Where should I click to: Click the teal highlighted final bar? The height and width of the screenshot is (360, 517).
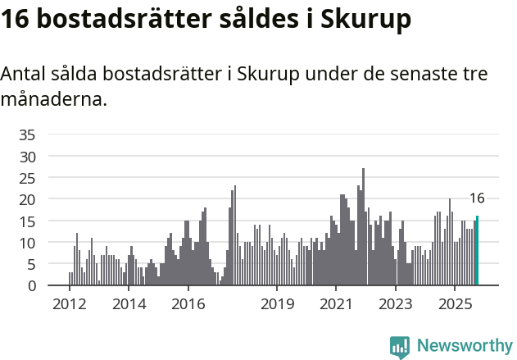click(x=477, y=251)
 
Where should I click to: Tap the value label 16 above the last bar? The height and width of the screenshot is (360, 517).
click(x=477, y=198)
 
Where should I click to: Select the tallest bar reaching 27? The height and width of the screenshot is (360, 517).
click(x=363, y=227)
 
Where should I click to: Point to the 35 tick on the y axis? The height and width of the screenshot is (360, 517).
click(x=27, y=134)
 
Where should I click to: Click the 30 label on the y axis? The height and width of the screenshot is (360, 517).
click(x=27, y=156)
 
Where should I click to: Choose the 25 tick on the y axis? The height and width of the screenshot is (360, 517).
click(x=27, y=178)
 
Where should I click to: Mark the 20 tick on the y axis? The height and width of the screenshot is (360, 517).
click(x=27, y=199)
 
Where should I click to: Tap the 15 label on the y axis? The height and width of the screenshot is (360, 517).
click(x=27, y=221)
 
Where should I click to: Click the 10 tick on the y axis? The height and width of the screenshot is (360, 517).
click(x=27, y=243)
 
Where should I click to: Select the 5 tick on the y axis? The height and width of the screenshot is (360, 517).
click(x=31, y=264)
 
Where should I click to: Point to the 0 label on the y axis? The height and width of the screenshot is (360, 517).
click(x=31, y=286)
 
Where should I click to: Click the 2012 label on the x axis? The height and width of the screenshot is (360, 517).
click(x=70, y=304)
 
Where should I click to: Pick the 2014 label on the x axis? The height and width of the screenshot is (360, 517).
click(x=129, y=304)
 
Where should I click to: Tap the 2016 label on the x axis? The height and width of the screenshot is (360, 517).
click(x=188, y=304)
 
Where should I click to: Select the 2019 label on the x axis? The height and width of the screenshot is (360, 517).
click(x=277, y=304)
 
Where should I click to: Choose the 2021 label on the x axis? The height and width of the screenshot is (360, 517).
click(x=336, y=304)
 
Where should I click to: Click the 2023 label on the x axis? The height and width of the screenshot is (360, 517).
click(x=396, y=304)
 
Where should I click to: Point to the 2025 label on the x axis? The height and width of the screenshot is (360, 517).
click(x=455, y=304)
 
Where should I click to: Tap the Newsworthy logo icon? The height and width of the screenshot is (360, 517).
click(x=400, y=347)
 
